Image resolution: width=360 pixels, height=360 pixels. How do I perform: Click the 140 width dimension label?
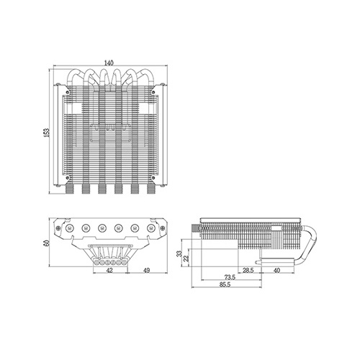(x=109, y=63)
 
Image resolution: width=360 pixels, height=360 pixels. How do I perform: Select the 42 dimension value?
(x=109, y=271)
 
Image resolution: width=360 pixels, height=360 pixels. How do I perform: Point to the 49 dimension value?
(x=146, y=271)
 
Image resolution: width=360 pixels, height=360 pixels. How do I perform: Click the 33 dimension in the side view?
(x=179, y=253)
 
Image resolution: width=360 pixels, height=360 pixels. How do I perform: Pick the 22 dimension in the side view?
(x=186, y=258)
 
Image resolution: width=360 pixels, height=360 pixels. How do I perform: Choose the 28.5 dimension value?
(x=248, y=271)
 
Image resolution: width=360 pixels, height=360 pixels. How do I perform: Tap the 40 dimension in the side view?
(x=276, y=271)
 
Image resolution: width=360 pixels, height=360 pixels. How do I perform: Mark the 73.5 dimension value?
(x=230, y=278)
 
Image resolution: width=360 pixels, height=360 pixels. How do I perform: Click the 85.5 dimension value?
(x=225, y=284)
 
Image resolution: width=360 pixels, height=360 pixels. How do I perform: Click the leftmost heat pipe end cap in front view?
(x=69, y=227)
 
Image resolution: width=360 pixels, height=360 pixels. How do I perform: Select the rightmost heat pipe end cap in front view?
(x=150, y=227)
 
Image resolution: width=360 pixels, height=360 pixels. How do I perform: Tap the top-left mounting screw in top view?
(x=68, y=91)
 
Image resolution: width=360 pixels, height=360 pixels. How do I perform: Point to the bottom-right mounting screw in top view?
(x=153, y=178)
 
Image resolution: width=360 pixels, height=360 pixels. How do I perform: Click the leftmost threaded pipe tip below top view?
(x=69, y=189)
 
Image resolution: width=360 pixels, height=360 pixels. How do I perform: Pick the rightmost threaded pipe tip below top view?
(x=150, y=189)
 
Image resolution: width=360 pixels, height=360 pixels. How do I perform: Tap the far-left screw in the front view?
(x=58, y=228)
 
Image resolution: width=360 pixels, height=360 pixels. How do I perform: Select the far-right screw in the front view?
(x=163, y=228)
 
